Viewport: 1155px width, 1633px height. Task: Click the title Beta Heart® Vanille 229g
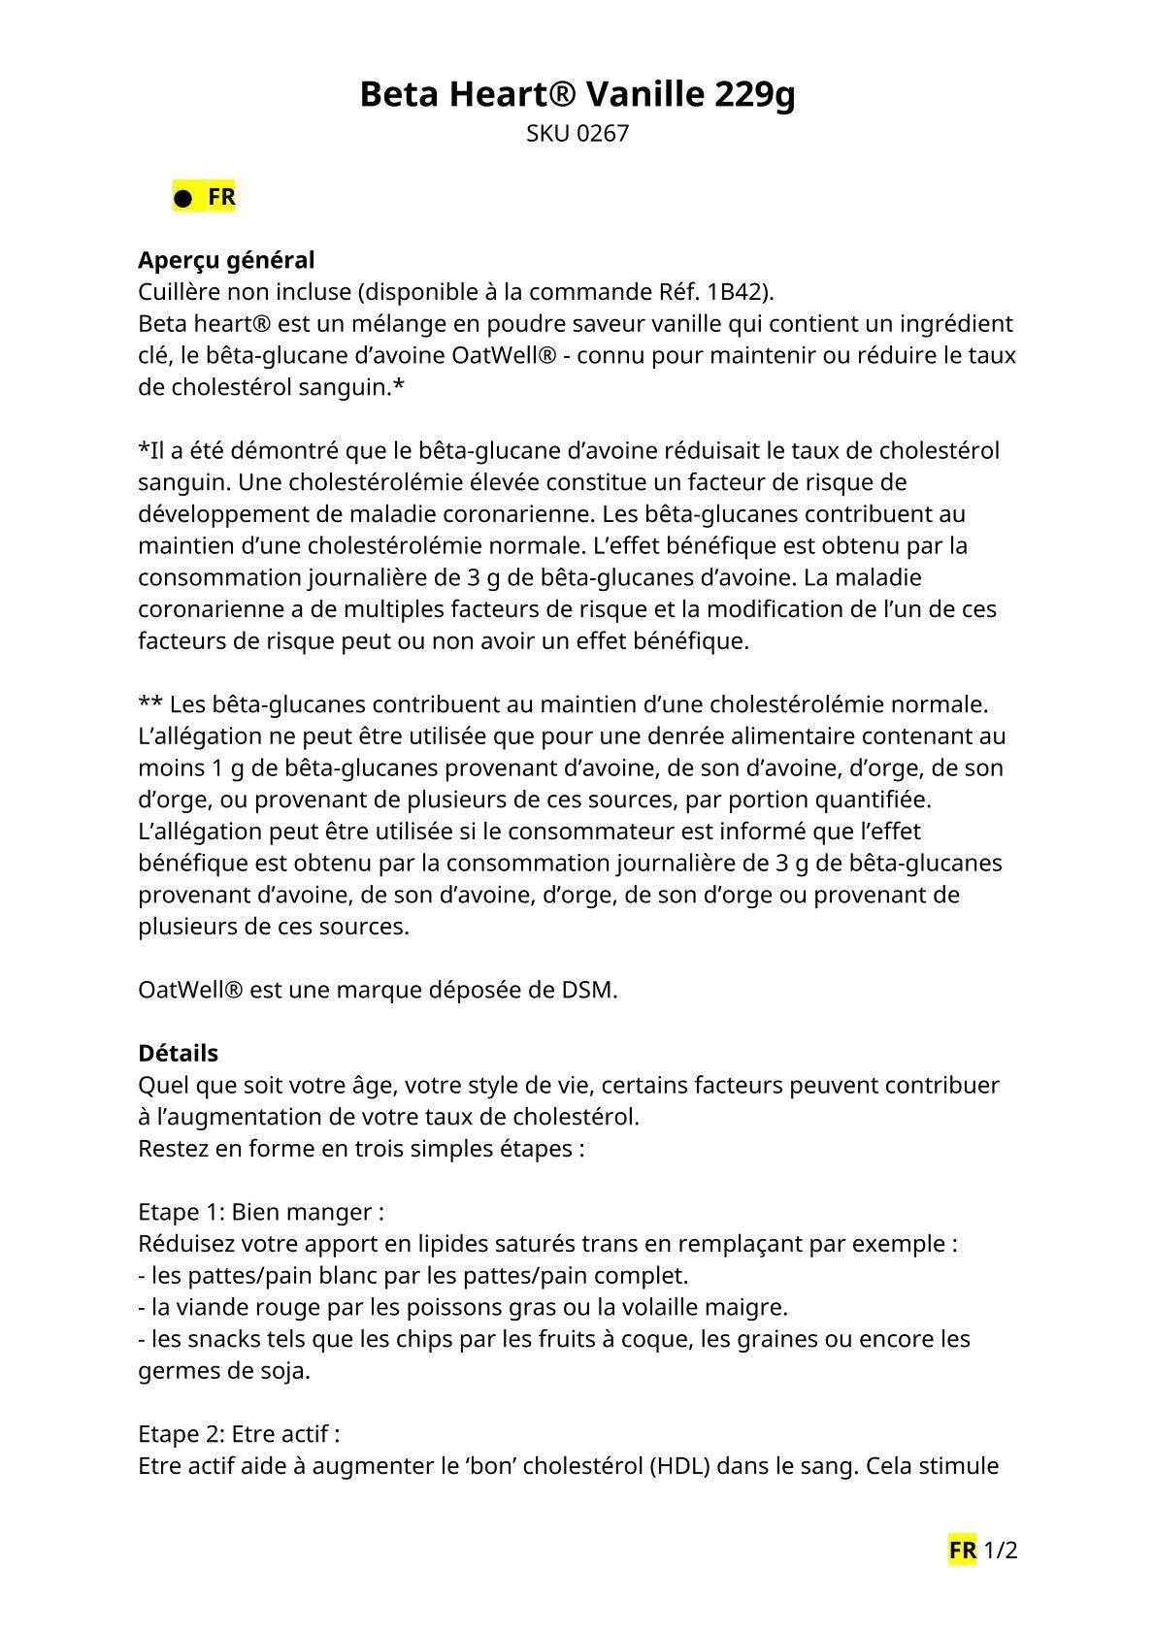pos(577,95)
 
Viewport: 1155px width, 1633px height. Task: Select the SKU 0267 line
pos(577,134)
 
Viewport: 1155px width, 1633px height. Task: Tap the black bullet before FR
pos(181,199)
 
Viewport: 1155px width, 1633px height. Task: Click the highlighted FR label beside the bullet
pos(221,197)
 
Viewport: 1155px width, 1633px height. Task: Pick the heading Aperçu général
pos(226,260)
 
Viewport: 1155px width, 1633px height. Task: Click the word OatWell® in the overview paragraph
pos(504,355)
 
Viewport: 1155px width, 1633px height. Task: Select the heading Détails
pos(178,1053)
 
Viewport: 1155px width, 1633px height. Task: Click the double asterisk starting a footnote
pos(149,703)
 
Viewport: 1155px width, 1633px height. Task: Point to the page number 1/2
pos(1000,1551)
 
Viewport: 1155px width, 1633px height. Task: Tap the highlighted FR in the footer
pos(962,1551)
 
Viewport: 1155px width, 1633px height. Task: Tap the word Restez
pos(172,1148)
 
